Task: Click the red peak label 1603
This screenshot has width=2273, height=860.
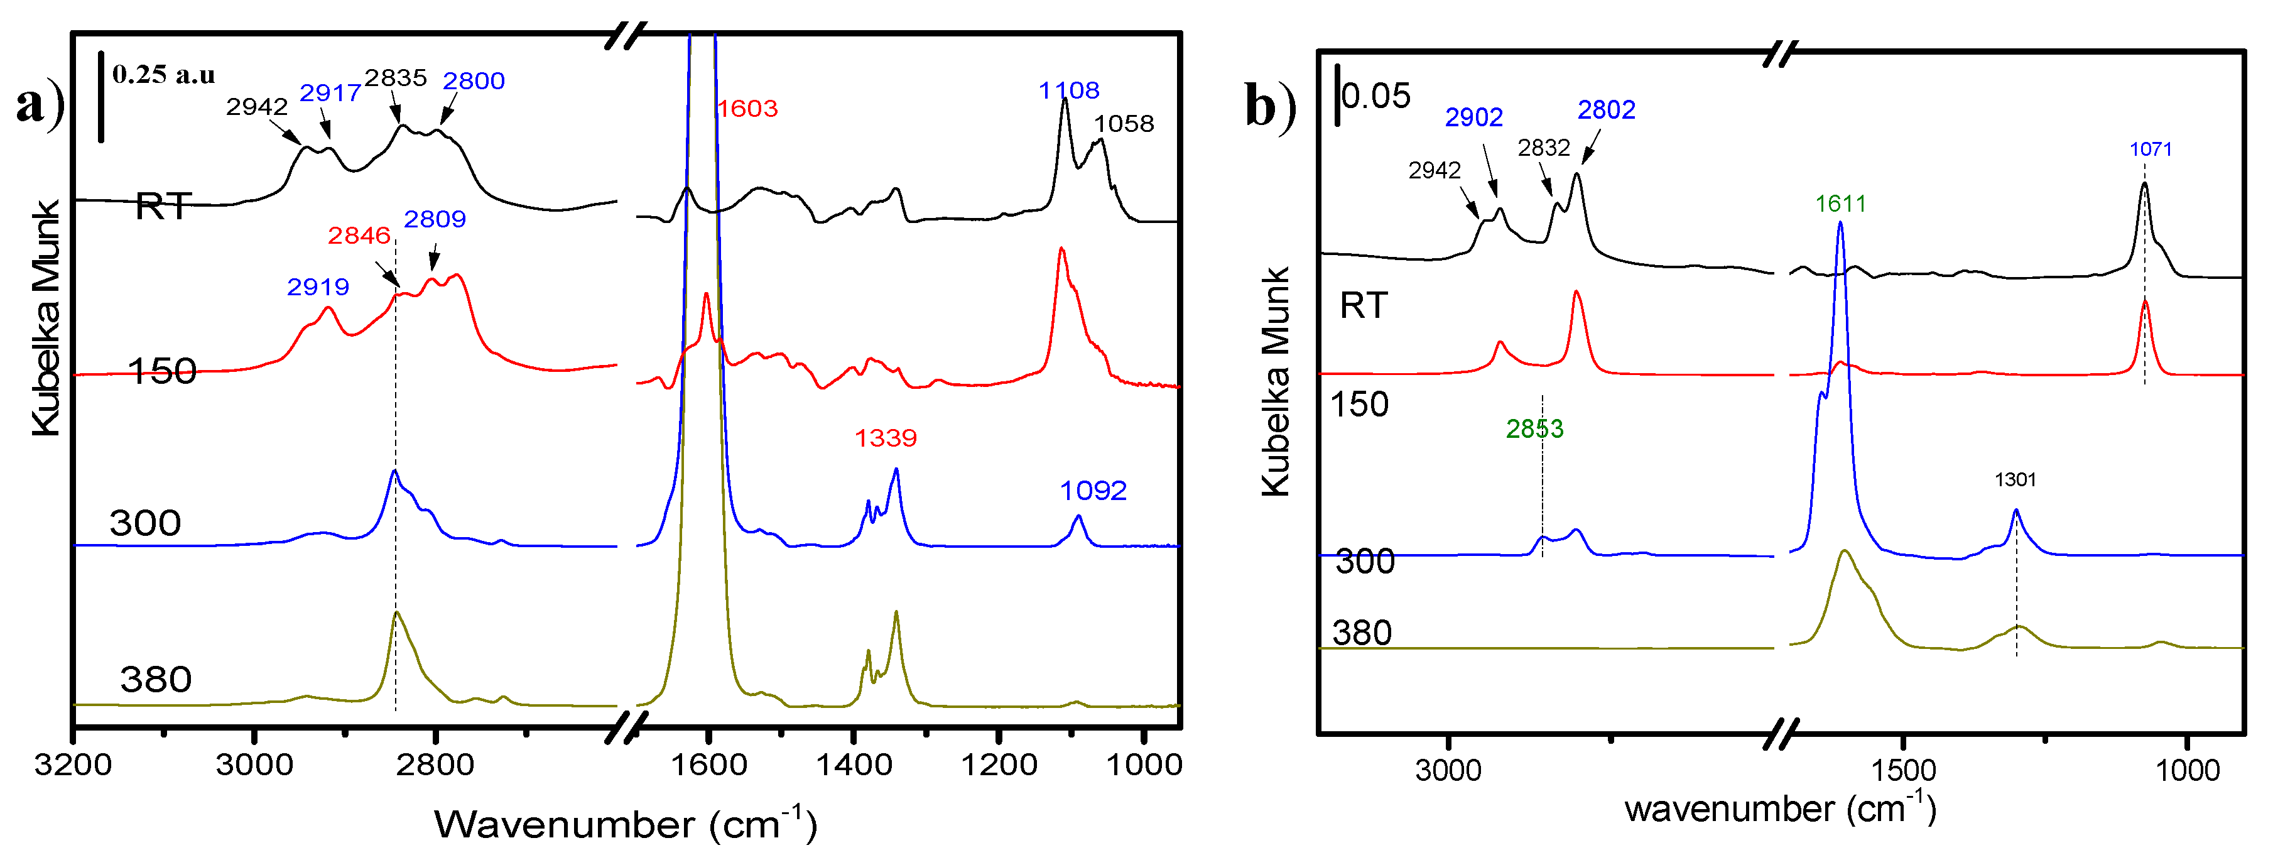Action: pyautogui.click(x=747, y=109)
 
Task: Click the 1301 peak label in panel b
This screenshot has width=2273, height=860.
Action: pyautogui.click(x=2015, y=479)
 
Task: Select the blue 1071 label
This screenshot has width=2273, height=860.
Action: pyautogui.click(x=2151, y=150)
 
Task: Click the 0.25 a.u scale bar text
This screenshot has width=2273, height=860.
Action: pyautogui.click(x=163, y=75)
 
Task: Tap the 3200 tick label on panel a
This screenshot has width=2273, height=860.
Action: pyautogui.click(x=73, y=765)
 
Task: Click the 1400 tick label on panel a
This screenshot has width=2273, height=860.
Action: pyautogui.click(x=852, y=765)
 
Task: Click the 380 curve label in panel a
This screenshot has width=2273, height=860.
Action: pyautogui.click(x=156, y=680)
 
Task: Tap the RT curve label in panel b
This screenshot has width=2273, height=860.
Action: pyautogui.click(x=1364, y=305)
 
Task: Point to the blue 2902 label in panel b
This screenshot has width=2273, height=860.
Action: pyautogui.click(x=1473, y=117)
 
